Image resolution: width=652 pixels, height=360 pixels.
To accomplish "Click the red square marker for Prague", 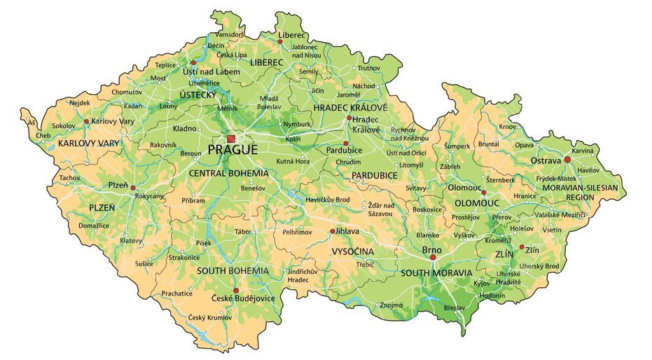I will pyautogui.click(x=231, y=139).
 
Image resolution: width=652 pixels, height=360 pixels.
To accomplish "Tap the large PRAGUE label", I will pyautogui.click(x=233, y=150).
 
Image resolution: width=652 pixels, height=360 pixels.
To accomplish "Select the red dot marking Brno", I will pyautogui.click(x=433, y=258).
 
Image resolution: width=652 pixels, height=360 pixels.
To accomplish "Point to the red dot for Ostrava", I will pyautogui.click(x=567, y=160).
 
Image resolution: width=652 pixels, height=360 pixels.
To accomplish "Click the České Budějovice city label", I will pyautogui.click(x=243, y=299).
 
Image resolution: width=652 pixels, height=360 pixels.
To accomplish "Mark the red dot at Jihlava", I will pyautogui.click(x=332, y=230).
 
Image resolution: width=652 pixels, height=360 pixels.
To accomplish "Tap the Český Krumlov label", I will pyautogui.click(x=209, y=318).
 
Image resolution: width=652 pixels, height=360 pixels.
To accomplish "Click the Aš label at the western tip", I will pyautogui.click(x=30, y=123).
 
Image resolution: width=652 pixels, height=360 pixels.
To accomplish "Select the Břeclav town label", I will pyautogui.click(x=454, y=308).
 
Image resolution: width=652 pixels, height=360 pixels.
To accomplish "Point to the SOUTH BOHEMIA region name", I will pyautogui.click(x=233, y=270).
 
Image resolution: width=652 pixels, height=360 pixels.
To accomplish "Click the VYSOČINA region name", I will pyautogui.click(x=353, y=251).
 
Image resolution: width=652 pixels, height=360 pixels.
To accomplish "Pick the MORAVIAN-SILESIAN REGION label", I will pyautogui.click(x=581, y=193).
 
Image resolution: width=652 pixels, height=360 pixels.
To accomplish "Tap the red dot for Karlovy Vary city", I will pyautogui.click(x=86, y=121).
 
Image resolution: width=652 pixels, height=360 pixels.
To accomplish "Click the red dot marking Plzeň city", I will pyautogui.click(x=133, y=188).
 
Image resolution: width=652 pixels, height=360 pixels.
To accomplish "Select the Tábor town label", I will pyautogui.click(x=243, y=231).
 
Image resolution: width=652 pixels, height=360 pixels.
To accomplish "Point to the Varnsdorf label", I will pyautogui.click(x=230, y=34).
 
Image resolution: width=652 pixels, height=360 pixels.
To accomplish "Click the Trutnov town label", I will pyautogui.click(x=368, y=68).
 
